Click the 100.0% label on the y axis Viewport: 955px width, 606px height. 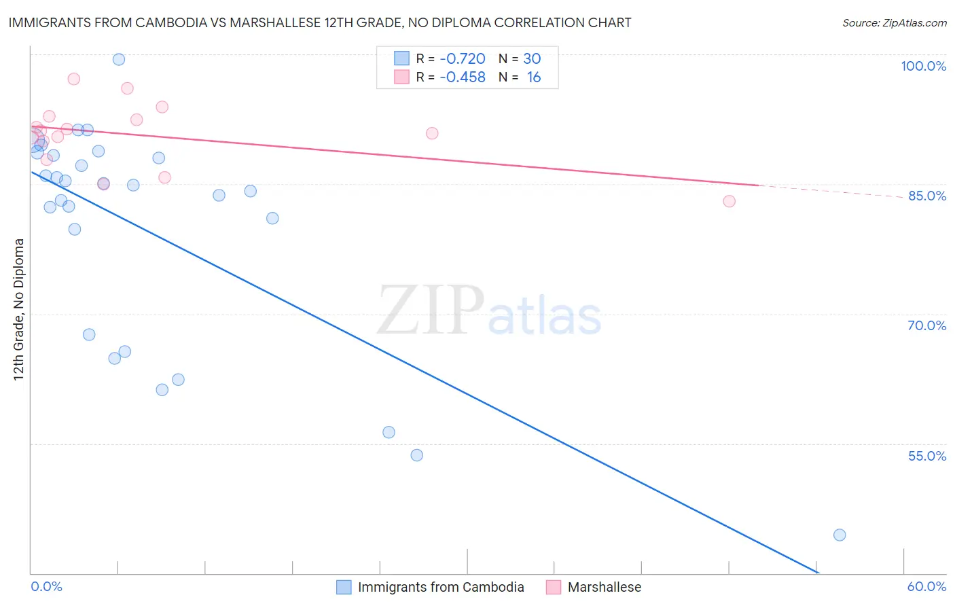[x=923, y=66]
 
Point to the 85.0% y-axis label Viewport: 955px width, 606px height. [x=926, y=196]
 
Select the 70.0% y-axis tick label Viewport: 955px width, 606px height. [x=926, y=325]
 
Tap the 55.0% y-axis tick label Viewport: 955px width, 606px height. [x=926, y=456]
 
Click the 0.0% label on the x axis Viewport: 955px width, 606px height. [x=46, y=586]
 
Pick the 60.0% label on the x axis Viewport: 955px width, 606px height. [x=926, y=586]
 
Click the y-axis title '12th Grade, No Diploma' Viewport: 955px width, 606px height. [x=19, y=309]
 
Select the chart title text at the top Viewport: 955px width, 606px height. [x=320, y=22]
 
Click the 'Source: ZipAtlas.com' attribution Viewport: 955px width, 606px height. [x=894, y=23]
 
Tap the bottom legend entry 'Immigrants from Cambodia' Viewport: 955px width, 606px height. [x=440, y=587]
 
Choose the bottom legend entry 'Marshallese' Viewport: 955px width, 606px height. [x=604, y=587]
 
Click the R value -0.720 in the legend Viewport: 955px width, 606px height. [x=463, y=59]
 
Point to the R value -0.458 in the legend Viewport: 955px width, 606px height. [x=463, y=77]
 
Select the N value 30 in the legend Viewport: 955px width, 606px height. [x=532, y=59]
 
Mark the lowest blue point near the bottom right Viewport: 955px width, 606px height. [x=840, y=535]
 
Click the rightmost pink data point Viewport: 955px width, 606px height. [x=729, y=201]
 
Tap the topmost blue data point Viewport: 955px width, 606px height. [x=119, y=59]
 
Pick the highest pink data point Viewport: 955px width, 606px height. [x=74, y=79]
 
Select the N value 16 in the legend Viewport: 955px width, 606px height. [x=534, y=77]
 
